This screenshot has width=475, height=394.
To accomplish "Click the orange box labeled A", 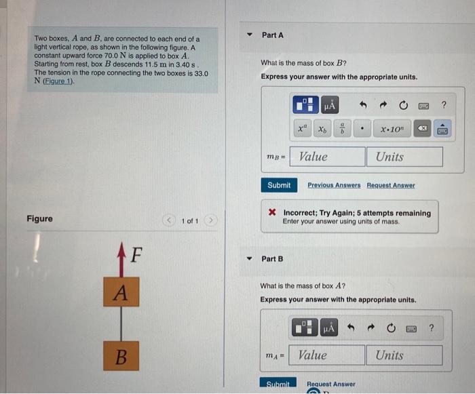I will click(121, 293).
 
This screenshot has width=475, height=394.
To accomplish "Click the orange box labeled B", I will click(121, 355).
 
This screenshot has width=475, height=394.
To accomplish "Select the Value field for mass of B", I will click(328, 157).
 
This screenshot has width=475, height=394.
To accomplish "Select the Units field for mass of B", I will click(405, 157).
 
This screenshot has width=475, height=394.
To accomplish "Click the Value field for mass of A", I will click(328, 355).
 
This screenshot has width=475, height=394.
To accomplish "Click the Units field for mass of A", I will click(405, 355).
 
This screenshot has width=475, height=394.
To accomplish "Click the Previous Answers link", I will click(334, 185).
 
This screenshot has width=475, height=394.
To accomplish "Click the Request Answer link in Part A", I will click(390, 185).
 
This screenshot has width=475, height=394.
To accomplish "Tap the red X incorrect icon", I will click(272, 213).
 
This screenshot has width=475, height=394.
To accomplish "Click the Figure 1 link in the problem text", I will click(58, 81).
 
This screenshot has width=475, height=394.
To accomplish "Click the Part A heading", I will click(272, 35).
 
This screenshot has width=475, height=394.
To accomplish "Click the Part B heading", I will click(272, 259).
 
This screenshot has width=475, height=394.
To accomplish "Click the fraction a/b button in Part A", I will click(343, 128).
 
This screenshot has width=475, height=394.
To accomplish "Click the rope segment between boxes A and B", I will click(121, 324).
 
